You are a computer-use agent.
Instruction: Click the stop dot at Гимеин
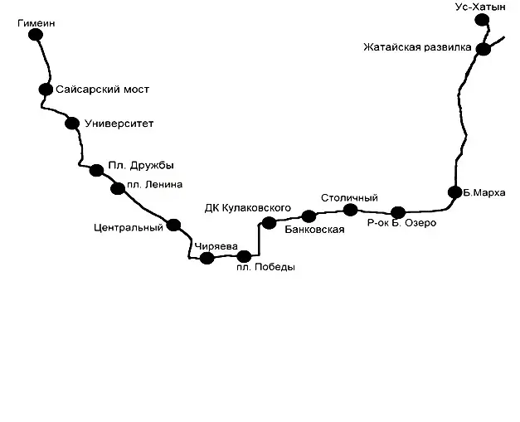point(36,35)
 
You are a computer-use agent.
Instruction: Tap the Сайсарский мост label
point(103,90)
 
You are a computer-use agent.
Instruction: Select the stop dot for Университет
point(72,124)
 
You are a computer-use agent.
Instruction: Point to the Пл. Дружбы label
point(141,166)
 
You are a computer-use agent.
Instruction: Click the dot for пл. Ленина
point(118,189)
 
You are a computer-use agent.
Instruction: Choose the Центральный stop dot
point(173,225)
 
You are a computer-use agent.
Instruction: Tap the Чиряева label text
point(216,246)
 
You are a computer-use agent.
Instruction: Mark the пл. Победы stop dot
point(244,256)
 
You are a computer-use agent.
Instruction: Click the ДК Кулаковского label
point(248,208)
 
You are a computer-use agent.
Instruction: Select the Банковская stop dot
point(309,216)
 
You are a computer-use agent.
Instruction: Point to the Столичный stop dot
point(350,210)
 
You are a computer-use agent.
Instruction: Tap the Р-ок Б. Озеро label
point(401,223)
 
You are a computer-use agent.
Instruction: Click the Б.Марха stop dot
point(455,192)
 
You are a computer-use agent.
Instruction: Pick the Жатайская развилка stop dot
point(484,49)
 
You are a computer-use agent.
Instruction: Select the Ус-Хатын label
point(480,7)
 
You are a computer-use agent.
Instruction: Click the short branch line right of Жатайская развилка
point(497,41)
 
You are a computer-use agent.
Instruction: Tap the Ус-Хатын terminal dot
point(482,20)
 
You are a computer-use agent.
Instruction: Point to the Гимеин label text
point(36,23)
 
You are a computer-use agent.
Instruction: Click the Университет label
point(119,124)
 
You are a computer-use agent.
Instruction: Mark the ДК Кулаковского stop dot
point(269,223)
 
